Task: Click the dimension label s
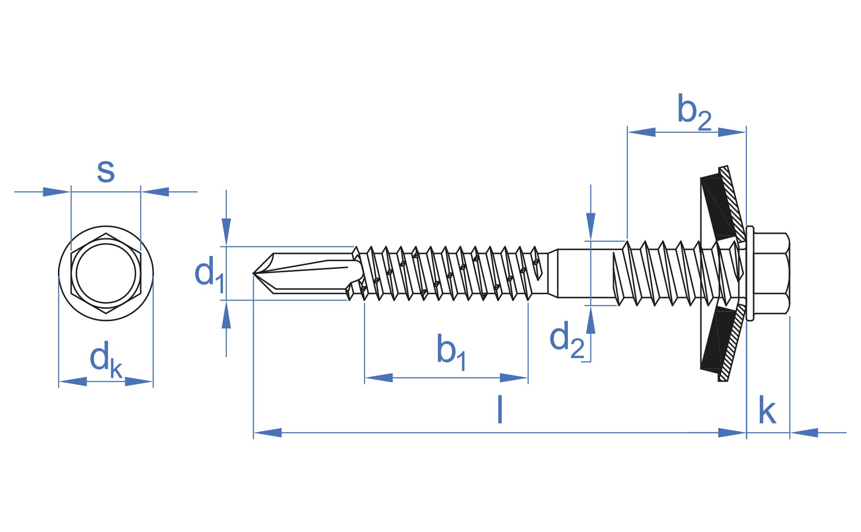click(106, 171)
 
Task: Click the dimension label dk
click(106, 359)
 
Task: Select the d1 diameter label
click(209, 273)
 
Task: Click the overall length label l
click(500, 409)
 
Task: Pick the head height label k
click(767, 411)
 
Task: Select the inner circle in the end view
click(106, 273)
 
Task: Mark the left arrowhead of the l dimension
click(267, 433)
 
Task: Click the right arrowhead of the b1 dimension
click(514, 378)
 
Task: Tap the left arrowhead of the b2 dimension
click(641, 132)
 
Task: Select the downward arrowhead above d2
click(590, 225)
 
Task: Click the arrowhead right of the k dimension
click(804, 433)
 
